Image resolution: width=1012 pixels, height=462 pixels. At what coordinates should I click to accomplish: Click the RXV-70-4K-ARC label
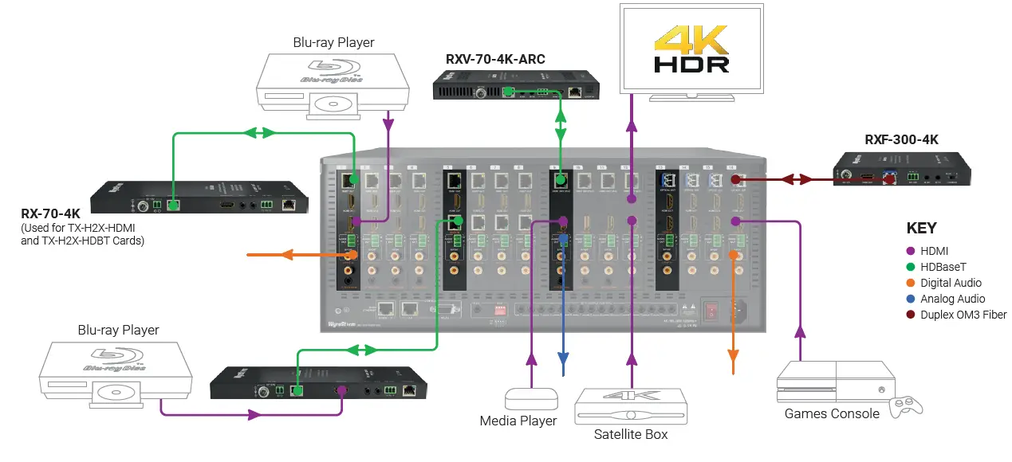pyautogui.click(x=495, y=59)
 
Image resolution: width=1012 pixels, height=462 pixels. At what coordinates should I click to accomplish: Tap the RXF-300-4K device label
pyautogui.click(x=901, y=139)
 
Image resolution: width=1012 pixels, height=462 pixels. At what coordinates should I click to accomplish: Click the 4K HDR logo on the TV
pyautogui.click(x=691, y=49)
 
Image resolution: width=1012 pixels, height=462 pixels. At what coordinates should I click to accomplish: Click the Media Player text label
pyautogui.click(x=518, y=420)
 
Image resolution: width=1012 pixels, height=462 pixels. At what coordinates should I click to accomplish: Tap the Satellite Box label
pyautogui.click(x=631, y=434)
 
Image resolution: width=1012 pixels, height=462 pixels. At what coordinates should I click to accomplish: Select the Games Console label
pyautogui.click(x=832, y=413)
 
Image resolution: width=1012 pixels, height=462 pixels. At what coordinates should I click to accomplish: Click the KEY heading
pyautogui.click(x=922, y=228)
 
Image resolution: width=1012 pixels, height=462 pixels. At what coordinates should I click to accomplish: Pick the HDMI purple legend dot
pyautogui.click(x=910, y=251)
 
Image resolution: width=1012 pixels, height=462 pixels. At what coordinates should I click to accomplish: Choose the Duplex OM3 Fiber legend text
pyautogui.click(x=963, y=315)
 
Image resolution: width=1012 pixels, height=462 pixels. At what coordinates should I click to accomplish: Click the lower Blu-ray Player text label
pyautogui.click(x=118, y=330)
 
